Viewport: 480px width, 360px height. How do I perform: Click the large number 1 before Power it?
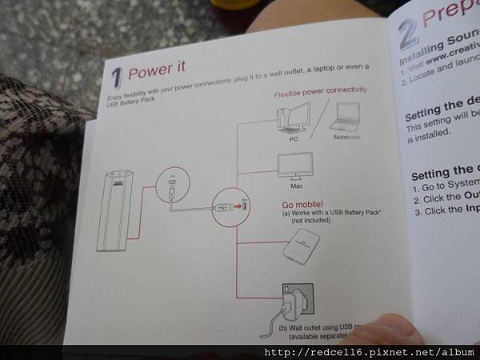(117, 78)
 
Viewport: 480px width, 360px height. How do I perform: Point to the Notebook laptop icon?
(347, 118)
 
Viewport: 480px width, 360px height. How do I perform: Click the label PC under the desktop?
(293, 138)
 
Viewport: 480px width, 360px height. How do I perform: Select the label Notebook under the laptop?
(347, 137)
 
